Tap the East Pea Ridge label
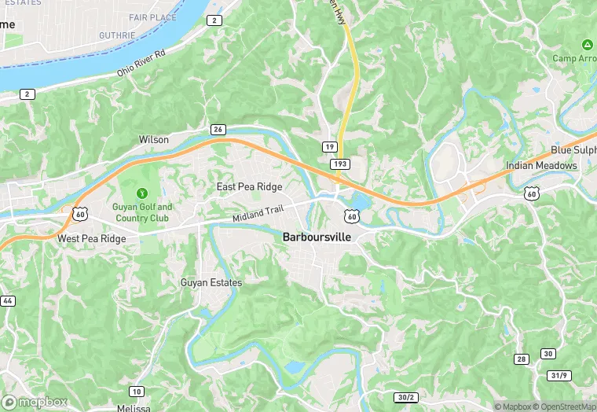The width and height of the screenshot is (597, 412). [249, 186]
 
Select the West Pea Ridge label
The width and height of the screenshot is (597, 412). [91, 238]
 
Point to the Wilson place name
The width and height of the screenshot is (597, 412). [154, 139]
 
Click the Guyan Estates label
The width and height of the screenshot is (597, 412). [211, 282]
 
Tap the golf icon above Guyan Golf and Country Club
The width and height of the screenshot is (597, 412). [141, 193]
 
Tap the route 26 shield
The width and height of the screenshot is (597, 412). [218, 129]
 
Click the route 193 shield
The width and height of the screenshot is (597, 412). [340, 163]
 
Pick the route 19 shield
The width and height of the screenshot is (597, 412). [330, 147]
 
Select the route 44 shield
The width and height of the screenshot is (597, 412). [7, 301]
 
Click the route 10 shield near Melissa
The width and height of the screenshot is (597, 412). [137, 392]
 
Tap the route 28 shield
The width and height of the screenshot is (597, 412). [521, 359]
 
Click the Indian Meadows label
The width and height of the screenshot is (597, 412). [541, 166]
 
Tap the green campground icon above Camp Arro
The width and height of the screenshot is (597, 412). [586, 43]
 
